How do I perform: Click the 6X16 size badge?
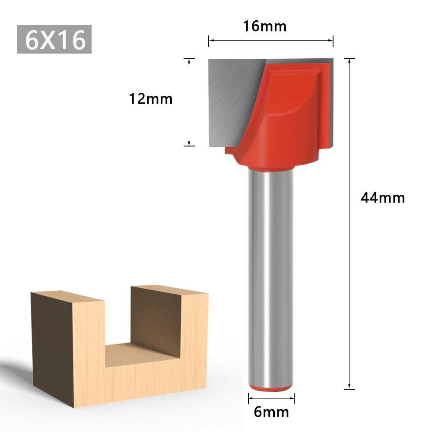coord(54,39)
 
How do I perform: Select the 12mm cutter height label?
coord(151,99)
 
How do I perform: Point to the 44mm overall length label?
coord(383,198)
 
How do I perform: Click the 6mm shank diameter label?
coord(271,412)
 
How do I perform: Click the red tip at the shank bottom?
coord(271,388)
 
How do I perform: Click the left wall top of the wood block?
coord(67,296)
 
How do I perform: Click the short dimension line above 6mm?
coord(271,399)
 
